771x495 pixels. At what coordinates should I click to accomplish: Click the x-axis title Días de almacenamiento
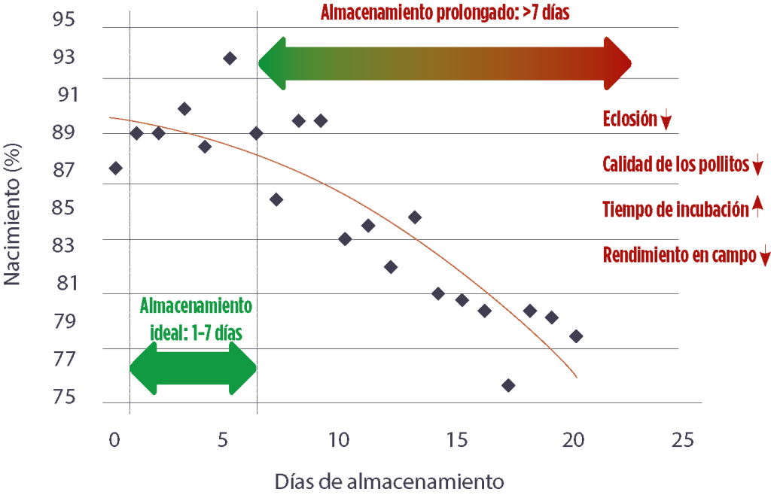[x=388, y=480]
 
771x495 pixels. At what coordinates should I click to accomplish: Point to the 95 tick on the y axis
[x=64, y=20]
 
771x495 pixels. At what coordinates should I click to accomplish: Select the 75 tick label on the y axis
[x=64, y=396]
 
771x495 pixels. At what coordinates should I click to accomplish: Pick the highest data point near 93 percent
[x=230, y=58]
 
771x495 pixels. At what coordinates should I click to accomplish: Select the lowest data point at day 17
[x=508, y=385]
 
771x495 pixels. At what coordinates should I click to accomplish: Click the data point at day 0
[x=115, y=168]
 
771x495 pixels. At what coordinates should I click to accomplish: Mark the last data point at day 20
[x=576, y=336]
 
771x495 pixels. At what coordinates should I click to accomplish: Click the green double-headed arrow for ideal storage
[x=193, y=368]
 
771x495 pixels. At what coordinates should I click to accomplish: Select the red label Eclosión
[x=630, y=119]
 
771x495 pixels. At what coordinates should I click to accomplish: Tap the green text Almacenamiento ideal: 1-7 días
[x=196, y=320]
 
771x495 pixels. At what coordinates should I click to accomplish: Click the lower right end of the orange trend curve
[x=577, y=376]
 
